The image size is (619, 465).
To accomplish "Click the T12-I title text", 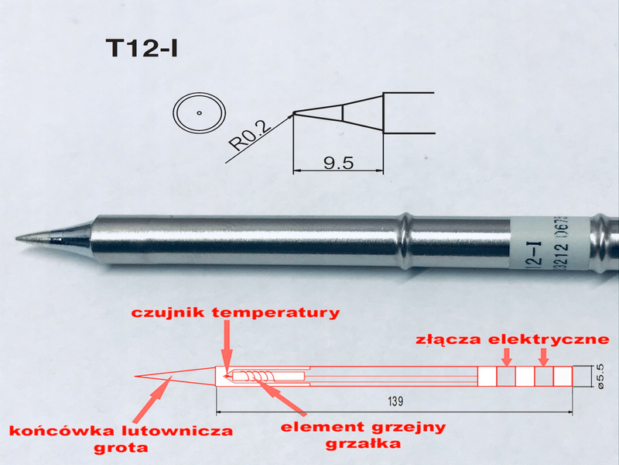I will (142, 47).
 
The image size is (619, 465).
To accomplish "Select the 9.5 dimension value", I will (338, 163).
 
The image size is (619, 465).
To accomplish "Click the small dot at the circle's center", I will (199, 113).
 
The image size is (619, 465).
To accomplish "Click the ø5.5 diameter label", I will (600, 375).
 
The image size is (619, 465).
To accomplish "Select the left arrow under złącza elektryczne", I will (507, 356).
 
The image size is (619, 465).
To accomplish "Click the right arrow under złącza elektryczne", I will (544, 356).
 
